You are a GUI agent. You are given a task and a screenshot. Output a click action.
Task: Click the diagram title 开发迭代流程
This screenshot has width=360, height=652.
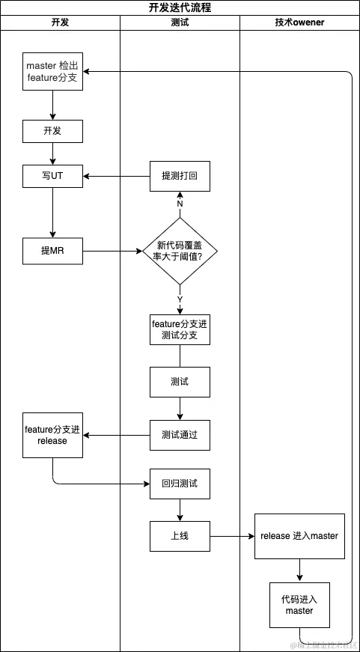click(180, 8)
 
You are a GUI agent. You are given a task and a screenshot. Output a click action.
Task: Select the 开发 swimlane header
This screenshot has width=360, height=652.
click(60, 22)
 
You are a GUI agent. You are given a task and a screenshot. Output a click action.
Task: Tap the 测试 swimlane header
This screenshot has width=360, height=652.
click(180, 22)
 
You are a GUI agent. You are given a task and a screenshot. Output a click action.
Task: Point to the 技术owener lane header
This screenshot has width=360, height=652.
click(299, 22)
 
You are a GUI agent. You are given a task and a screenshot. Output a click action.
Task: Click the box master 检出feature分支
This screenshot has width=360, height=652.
click(52, 72)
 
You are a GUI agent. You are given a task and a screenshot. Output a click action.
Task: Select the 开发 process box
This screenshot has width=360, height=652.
click(52, 132)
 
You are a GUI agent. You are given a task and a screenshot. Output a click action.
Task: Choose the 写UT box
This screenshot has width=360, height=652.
click(52, 177)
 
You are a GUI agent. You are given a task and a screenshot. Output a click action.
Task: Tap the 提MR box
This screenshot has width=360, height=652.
click(52, 251)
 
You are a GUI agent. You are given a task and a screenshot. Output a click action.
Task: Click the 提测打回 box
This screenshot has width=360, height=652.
click(180, 177)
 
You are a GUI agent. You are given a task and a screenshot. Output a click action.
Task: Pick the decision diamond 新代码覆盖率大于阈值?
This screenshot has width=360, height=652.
click(180, 251)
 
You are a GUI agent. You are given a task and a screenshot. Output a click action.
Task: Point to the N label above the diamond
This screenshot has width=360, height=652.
click(180, 204)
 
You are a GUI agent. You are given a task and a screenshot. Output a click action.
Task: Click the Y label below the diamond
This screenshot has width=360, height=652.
click(180, 299)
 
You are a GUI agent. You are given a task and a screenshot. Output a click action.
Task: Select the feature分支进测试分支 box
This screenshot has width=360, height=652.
click(180, 329)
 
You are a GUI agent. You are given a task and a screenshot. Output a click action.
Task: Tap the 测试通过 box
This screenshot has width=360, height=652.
click(180, 435)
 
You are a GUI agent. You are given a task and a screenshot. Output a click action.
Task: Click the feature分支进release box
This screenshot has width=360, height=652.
click(52, 435)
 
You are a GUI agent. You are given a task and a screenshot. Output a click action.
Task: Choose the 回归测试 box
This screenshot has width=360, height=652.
click(180, 484)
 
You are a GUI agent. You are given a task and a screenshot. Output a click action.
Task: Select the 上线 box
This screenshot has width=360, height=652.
click(180, 536)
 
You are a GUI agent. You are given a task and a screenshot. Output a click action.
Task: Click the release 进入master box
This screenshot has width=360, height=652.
click(299, 536)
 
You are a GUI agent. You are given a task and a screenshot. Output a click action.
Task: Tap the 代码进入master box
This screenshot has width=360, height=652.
click(299, 605)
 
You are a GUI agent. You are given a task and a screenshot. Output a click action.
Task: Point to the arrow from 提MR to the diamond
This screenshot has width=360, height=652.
click(112, 252)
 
